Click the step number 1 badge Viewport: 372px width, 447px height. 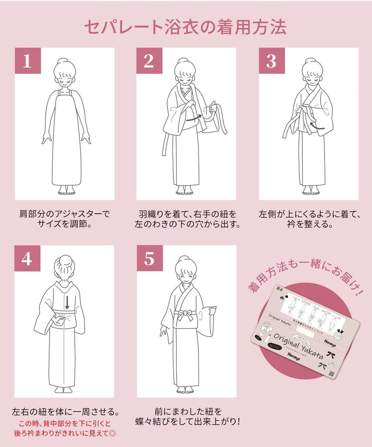pyautogui.click(x=27, y=61)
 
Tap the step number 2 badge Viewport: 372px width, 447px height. pyautogui.click(x=149, y=61)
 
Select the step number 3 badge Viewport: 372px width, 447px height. pyautogui.click(x=271, y=61)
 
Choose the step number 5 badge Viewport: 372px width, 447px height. pyautogui.click(x=149, y=258)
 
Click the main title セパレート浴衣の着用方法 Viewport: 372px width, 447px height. pyautogui.click(x=185, y=27)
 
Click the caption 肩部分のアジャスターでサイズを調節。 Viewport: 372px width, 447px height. pyautogui.click(x=65, y=218)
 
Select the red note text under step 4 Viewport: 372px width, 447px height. pyautogui.click(x=64, y=428)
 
